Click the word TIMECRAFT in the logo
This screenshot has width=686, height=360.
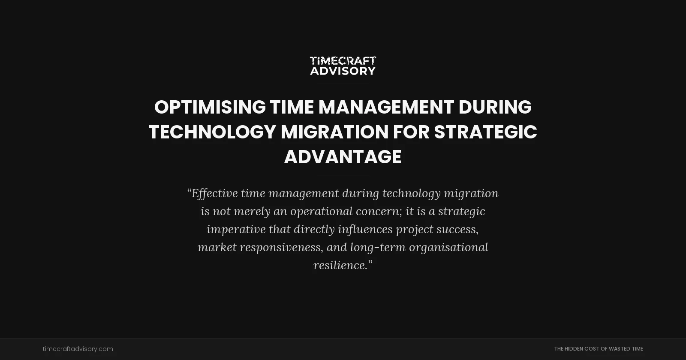[343, 61]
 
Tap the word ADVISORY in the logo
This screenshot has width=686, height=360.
[343, 71]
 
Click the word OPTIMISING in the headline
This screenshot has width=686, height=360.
[210, 107]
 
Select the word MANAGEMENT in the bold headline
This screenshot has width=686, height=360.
[386, 107]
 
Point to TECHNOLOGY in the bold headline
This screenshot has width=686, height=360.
[212, 132]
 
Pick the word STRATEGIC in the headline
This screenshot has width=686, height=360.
[485, 132]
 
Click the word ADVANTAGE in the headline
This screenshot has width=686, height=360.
[343, 157]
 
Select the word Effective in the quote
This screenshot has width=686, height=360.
[214, 193]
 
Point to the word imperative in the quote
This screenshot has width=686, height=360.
[236, 229]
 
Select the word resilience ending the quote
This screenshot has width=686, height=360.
[340, 265]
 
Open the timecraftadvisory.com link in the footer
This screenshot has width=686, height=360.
[78, 349]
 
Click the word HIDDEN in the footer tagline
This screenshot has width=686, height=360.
[574, 349]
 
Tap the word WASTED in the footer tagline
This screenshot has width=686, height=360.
[620, 349]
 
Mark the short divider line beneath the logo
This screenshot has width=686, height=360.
[343, 83]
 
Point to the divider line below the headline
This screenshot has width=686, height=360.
[343, 176]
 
